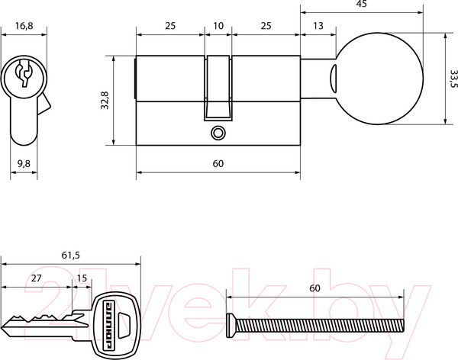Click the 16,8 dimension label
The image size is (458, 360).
pos(24,26)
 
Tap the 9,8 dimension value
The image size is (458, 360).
pos(24,163)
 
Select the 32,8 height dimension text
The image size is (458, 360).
pos(105,100)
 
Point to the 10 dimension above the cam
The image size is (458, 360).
pos(218,26)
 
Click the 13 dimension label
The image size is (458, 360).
pos(318,26)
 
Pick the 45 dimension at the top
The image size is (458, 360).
pos(361,4)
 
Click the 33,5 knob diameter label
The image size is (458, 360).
pos(453,79)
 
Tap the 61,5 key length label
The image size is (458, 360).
pos(70,256)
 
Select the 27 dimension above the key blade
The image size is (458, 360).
pos(36,278)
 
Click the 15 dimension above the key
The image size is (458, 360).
pos(82,278)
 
